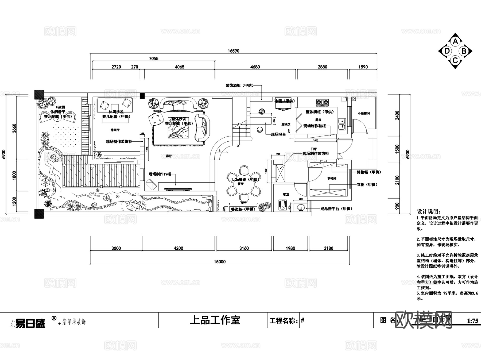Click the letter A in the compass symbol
point(455,42)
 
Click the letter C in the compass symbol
point(455,60)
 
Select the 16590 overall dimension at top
point(233,51)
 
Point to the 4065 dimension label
point(180,67)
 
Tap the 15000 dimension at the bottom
point(220,262)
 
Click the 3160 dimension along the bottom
point(244,248)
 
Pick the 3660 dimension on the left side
point(14,128)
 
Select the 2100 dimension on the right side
point(397,180)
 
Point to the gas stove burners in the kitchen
point(322,102)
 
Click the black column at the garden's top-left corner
point(39,95)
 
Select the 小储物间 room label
point(363,113)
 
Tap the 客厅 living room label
point(169,156)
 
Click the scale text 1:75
point(472,321)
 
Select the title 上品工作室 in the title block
point(215,320)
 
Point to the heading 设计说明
point(429,211)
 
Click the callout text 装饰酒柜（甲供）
point(239,86)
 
